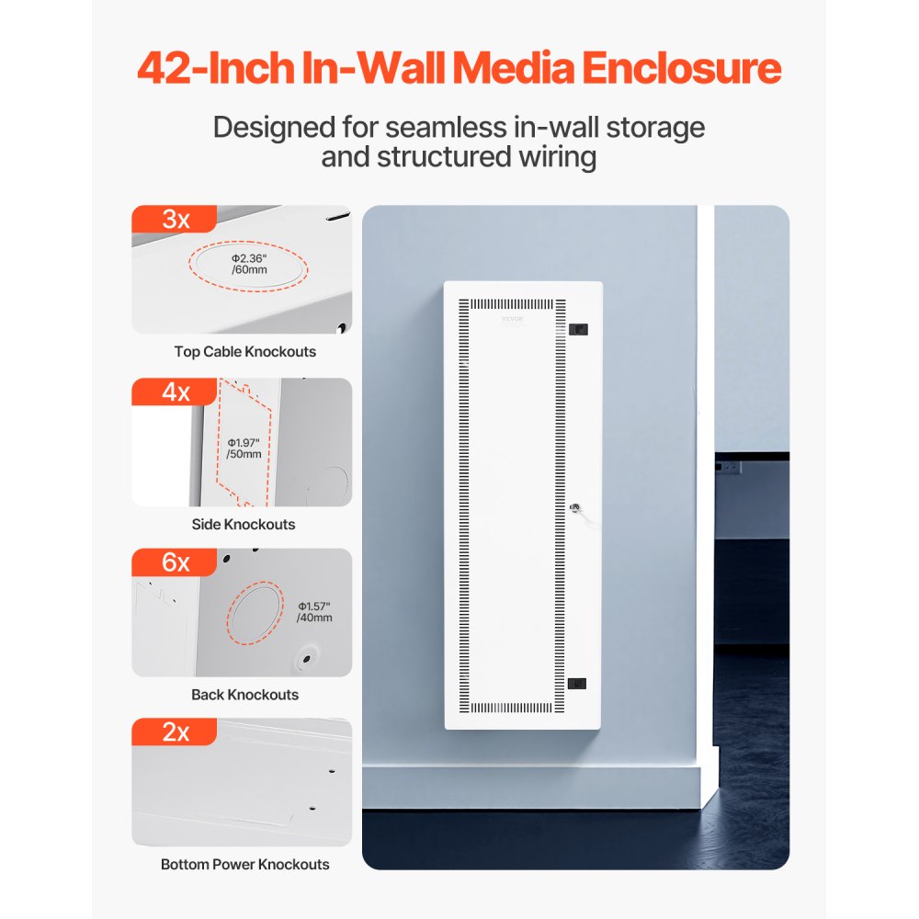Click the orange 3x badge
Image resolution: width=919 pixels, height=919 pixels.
click(x=175, y=220)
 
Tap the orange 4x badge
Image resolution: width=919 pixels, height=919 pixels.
click(x=175, y=392)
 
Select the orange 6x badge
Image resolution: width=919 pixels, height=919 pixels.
click(x=175, y=562)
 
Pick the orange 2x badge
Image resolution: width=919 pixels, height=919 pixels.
click(x=175, y=732)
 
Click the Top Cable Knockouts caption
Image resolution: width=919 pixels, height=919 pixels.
click(x=244, y=352)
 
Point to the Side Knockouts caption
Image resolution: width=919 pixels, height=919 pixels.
click(x=244, y=525)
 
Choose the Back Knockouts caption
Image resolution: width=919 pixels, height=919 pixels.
click(x=244, y=695)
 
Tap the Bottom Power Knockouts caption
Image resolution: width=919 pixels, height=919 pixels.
click(x=244, y=865)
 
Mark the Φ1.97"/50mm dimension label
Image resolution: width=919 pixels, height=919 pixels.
click(x=244, y=448)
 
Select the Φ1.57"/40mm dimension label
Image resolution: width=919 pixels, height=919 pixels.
click(x=314, y=612)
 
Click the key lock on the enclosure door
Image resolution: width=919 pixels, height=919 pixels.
click(x=573, y=505)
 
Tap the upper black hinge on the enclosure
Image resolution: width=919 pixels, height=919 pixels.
click(x=579, y=328)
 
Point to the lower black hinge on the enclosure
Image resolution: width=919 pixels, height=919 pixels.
click(x=578, y=683)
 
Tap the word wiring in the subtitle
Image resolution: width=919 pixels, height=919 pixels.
click(x=551, y=157)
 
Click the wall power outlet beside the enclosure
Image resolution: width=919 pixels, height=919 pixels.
click(x=729, y=468)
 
